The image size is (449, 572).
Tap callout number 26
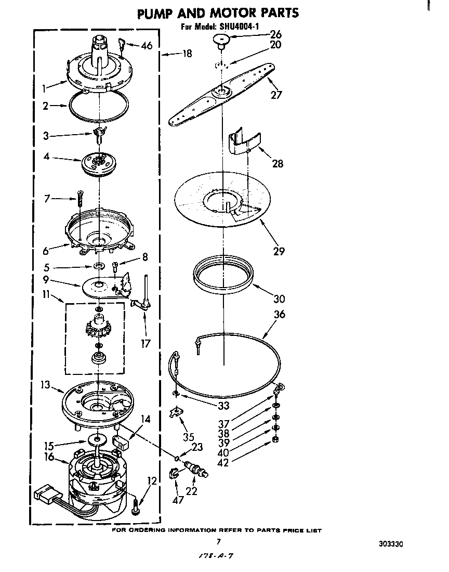click(275, 35)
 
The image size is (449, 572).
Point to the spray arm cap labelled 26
click(222, 40)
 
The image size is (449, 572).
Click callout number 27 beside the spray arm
click(276, 95)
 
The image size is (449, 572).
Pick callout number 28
click(278, 163)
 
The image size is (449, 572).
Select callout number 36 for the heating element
click(280, 314)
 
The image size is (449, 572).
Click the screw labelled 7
click(80, 199)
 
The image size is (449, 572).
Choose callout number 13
click(45, 384)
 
